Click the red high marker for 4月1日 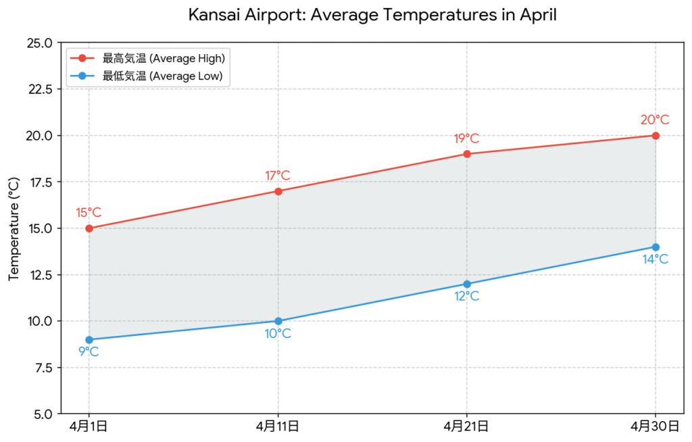(x=89, y=228)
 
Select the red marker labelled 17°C (x=278, y=191)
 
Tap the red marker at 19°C (x=467, y=154)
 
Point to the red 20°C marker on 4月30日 (x=656, y=135)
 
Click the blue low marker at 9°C (x=89, y=339)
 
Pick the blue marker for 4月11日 (x=278, y=321)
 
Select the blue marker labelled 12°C (x=467, y=284)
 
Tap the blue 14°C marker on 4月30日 (x=656, y=247)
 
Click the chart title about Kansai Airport (x=372, y=15)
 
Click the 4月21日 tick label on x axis (x=467, y=426)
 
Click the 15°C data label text (x=89, y=213)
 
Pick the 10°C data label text (x=278, y=334)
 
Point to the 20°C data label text (x=655, y=120)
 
